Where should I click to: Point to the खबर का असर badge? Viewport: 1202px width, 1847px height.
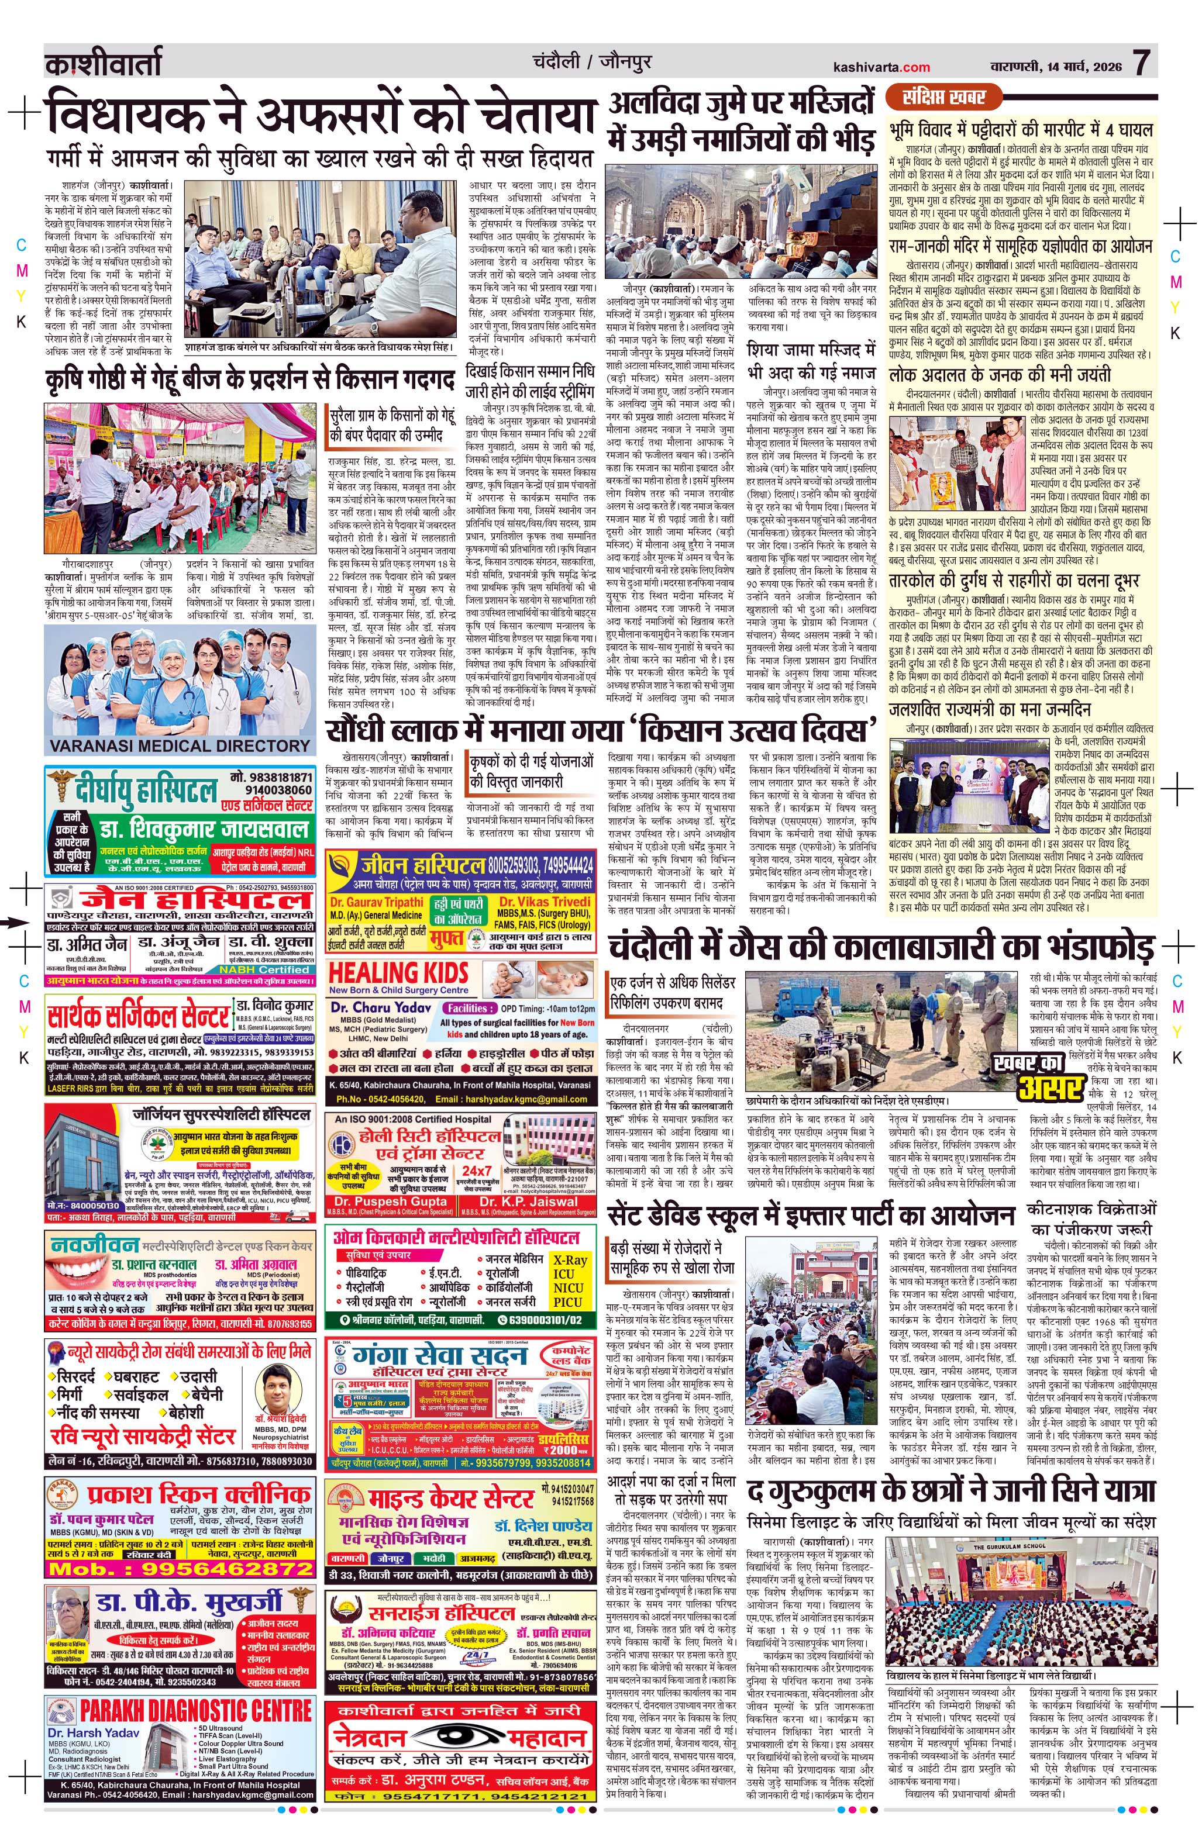[1038, 1074]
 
